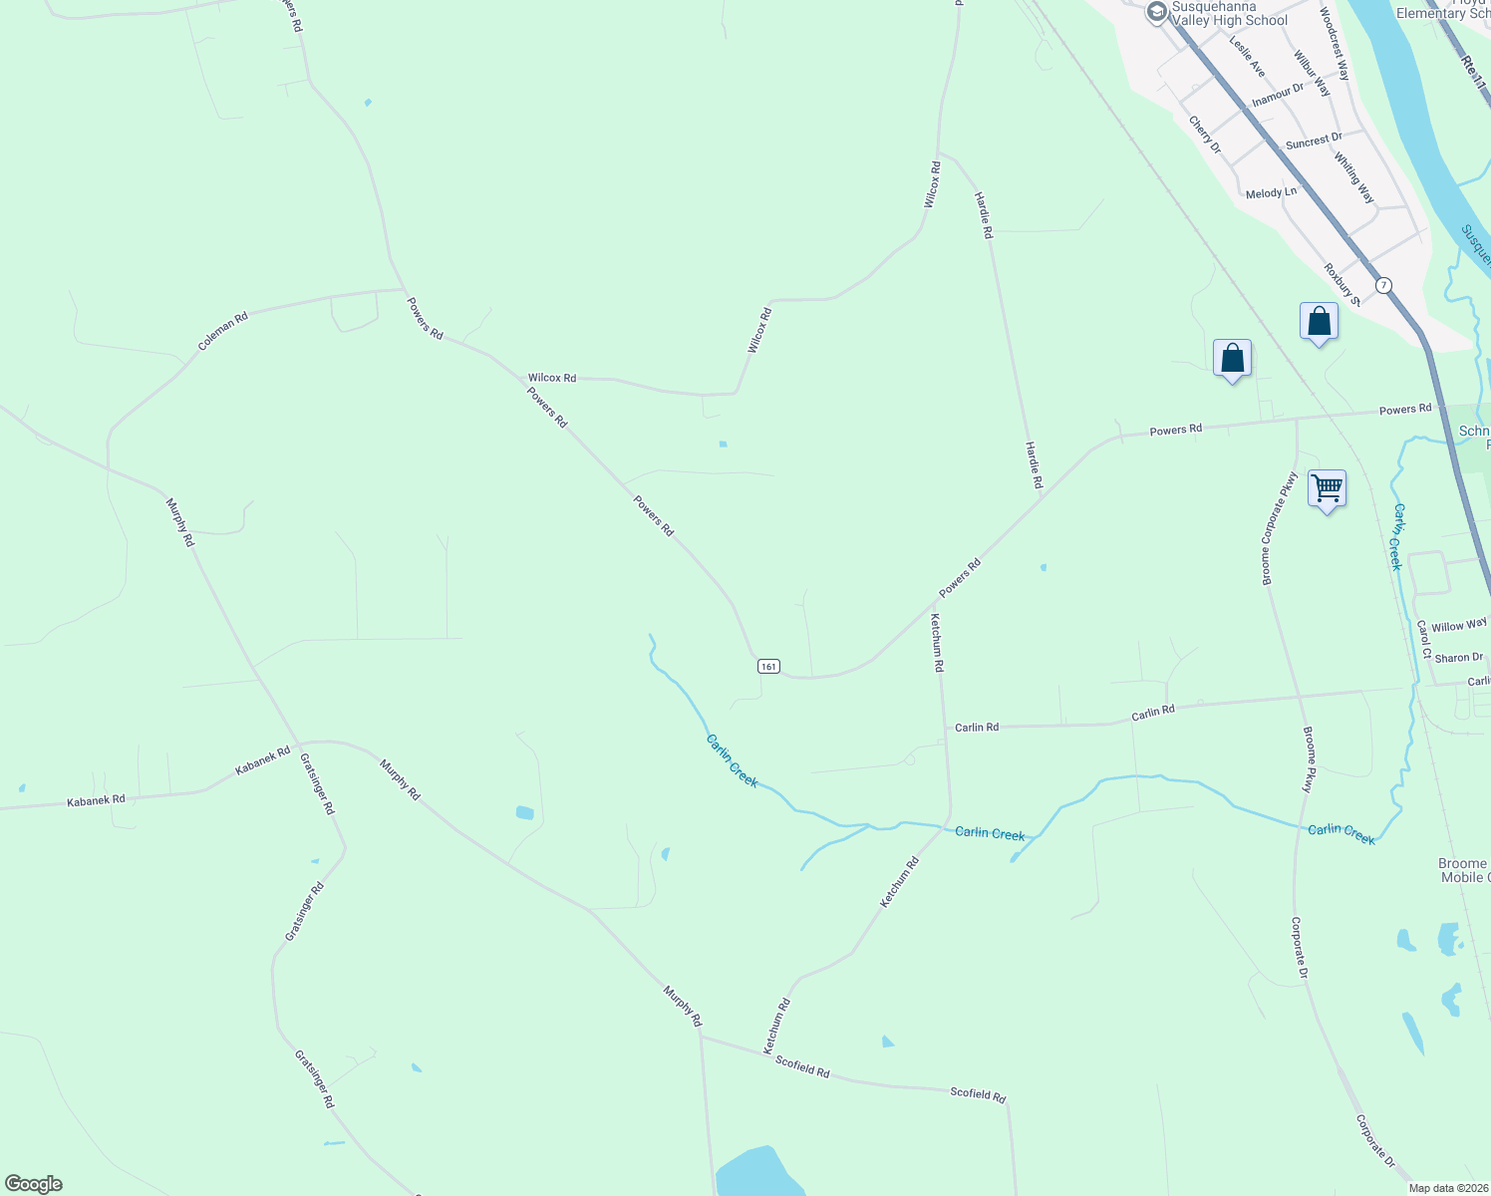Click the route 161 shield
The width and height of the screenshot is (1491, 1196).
[767, 666]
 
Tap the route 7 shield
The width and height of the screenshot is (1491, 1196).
[1383, 285]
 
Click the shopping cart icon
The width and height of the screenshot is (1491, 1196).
[1327, 488]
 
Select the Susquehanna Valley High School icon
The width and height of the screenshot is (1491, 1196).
[1156, 12]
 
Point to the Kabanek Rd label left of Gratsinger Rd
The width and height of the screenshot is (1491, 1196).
[96, 800]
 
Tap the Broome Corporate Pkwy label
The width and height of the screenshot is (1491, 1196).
[1279, 528]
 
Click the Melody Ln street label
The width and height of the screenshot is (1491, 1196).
[1271, 192]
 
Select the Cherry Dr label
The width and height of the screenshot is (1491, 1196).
[1204, 134]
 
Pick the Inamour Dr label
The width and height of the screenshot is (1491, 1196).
[1277, 95]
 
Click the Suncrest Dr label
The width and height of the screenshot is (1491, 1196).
[1314, 142]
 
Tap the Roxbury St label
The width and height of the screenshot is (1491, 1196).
[1342, 283]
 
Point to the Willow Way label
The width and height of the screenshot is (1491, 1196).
[1459, 626]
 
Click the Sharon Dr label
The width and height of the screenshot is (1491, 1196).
[1459, 658]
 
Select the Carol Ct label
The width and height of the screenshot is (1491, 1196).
[1424, 640]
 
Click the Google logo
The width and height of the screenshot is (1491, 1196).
[34, 1184]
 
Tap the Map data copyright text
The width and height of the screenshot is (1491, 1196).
[1448, 1188]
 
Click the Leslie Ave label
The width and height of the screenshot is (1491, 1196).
[1247, 57]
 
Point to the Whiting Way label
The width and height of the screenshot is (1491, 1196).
[1353, 178]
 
